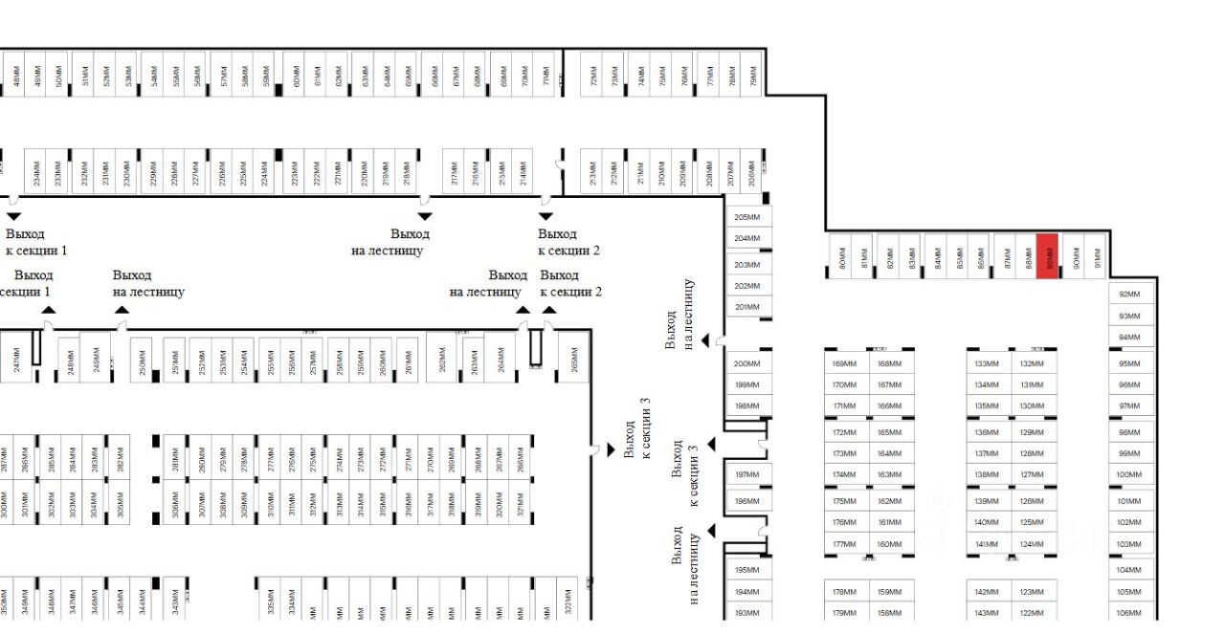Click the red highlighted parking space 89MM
pyautogui.click(x=1048, y=255)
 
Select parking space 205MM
pyautogui.click(x=747, y=218)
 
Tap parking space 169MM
pyautogui.click(x=845, y=363)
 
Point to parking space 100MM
pyautogui.click(x=1129, y=475)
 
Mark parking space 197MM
pyautogui.click(x=747, y=475)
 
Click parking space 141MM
pyautogui.click(x=987, y=545)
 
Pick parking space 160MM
pyautogui.click(x=890, y=545)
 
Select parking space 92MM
pyautogui.click(x=1129, y=295)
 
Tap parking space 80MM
pyautogui.click(x=841, y=257)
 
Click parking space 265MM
pyautogui.click(x=573, y=358)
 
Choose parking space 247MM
pyautogui.click(x=16, y=358)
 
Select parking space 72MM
pyautogui.click(x=592, y=75)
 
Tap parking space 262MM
pyautogui.click(x=441, y=358)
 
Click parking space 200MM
pyautogui.click(x=747, y=363)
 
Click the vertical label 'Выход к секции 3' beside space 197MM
pyautogui.click(x=686, y=473)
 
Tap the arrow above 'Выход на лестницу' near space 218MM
pyautogui.click(x=424, y=216)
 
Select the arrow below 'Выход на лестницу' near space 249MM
pyautogui.click(x=122, y=309)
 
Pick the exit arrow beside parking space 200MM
pyautogui.click(x=705, y=340)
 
